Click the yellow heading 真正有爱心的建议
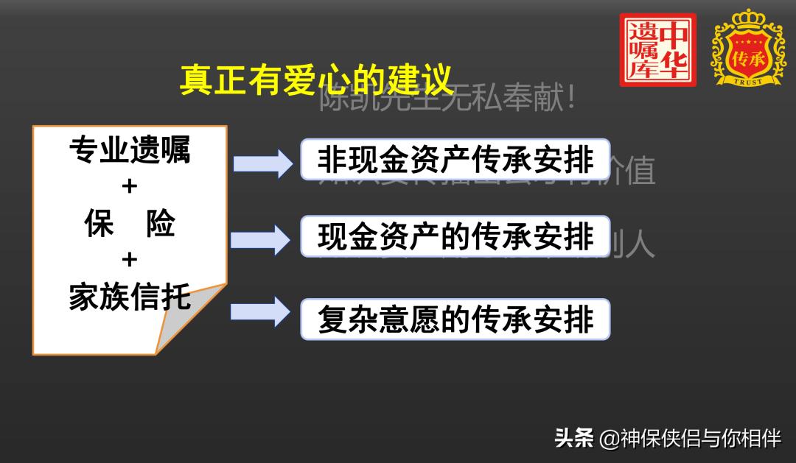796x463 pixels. pyautogui.click(x=315, y=79)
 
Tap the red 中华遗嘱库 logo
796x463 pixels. pyautogui.click(x=657, y=50)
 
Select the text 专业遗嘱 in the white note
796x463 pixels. pyautogui.click(x=130, y=151)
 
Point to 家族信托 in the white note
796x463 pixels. pyautogui.click(x=130, y=297)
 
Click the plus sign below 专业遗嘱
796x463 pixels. pyautogui.click(x=130, y=187)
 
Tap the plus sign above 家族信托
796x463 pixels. pyautogui.click(x=130, y=260)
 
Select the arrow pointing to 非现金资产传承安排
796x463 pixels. pyautogui.click(x=263, y=163)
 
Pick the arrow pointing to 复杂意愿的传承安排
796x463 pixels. pyautogui.click(x=262, y=312)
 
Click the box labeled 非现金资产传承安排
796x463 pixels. pyautogui.click(x=455, y=160)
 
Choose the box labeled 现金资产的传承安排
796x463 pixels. pyautogui.click(x=455, y=236)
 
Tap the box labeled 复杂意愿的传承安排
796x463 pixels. pyautogui.click(x=455, y=319)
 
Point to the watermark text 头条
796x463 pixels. pyautogui.click(x=573, y=439)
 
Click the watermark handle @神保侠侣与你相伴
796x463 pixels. pyautogui.click(x=690, y=439)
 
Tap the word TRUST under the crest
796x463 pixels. pyautogui.click(x=747, y=81)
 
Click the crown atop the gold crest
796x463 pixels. pyautogui.click(x=747, y=18)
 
